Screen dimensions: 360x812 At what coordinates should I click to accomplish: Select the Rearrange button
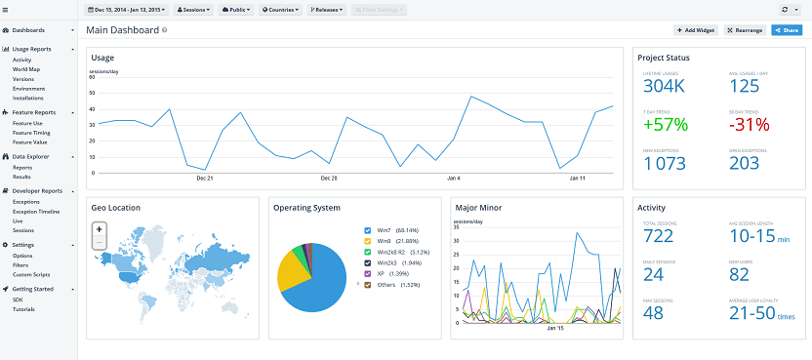[745, 30]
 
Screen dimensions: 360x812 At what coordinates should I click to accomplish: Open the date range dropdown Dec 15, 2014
[128, 9]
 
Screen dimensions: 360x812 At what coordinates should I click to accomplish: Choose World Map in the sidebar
[26, 69]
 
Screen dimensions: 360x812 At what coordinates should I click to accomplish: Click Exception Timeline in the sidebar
[36, 211]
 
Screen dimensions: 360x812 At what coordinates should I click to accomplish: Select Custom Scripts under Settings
[30, 274]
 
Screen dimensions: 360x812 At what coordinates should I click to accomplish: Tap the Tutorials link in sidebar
[23, 308]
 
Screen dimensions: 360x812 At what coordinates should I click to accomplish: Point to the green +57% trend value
[666, 124]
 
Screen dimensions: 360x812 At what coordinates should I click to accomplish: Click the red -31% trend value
[749, 124]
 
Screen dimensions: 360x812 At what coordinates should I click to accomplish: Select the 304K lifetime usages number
[665, 86]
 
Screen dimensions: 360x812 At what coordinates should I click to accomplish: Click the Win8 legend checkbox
[367, 240]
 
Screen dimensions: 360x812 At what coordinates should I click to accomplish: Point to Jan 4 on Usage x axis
[453, 179]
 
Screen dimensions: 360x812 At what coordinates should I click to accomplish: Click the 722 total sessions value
[659, 236]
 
